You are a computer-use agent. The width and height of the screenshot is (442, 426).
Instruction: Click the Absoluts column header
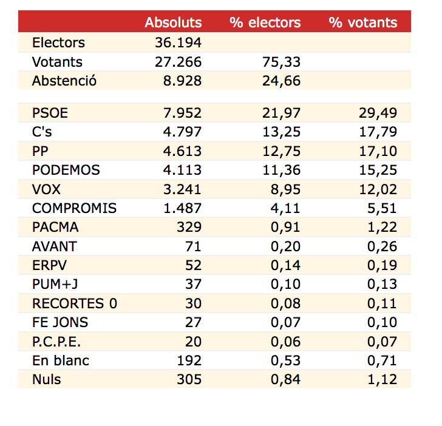173,22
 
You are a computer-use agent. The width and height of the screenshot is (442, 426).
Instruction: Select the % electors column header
265,22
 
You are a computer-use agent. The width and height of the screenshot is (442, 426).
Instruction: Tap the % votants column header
363,22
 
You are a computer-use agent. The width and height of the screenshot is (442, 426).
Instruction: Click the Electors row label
58,42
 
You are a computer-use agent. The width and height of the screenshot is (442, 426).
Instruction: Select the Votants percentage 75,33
282,62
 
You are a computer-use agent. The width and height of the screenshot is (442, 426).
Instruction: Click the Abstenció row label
64,81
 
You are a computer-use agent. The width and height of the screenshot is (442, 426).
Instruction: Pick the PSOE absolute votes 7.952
180,113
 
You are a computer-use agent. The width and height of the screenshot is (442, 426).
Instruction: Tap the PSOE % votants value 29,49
378,113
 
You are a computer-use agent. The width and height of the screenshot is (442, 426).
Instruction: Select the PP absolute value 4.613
180,151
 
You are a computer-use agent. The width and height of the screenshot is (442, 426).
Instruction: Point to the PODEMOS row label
66,170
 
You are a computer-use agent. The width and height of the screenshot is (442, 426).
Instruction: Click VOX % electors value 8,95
285,189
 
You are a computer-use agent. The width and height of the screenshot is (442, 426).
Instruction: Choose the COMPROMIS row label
74,208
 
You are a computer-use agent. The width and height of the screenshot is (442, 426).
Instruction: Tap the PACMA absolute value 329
188,227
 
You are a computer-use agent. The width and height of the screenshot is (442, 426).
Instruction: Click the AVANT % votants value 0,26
382,246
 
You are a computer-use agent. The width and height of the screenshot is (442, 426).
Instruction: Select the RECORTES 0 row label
75,303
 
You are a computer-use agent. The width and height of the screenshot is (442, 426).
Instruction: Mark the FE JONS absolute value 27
192,322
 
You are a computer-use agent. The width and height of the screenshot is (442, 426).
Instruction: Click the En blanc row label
61,360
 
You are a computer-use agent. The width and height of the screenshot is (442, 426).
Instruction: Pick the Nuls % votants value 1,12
382,379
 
